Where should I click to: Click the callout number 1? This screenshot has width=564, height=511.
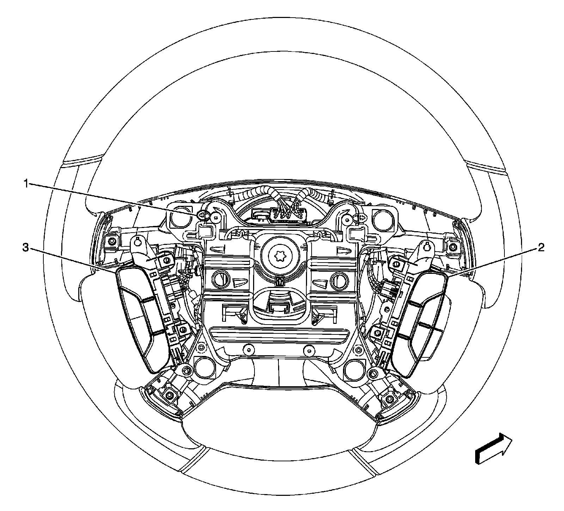coord(26,183)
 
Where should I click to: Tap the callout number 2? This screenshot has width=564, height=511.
coord(540,248)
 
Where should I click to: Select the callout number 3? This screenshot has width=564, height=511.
coord(26,248)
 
